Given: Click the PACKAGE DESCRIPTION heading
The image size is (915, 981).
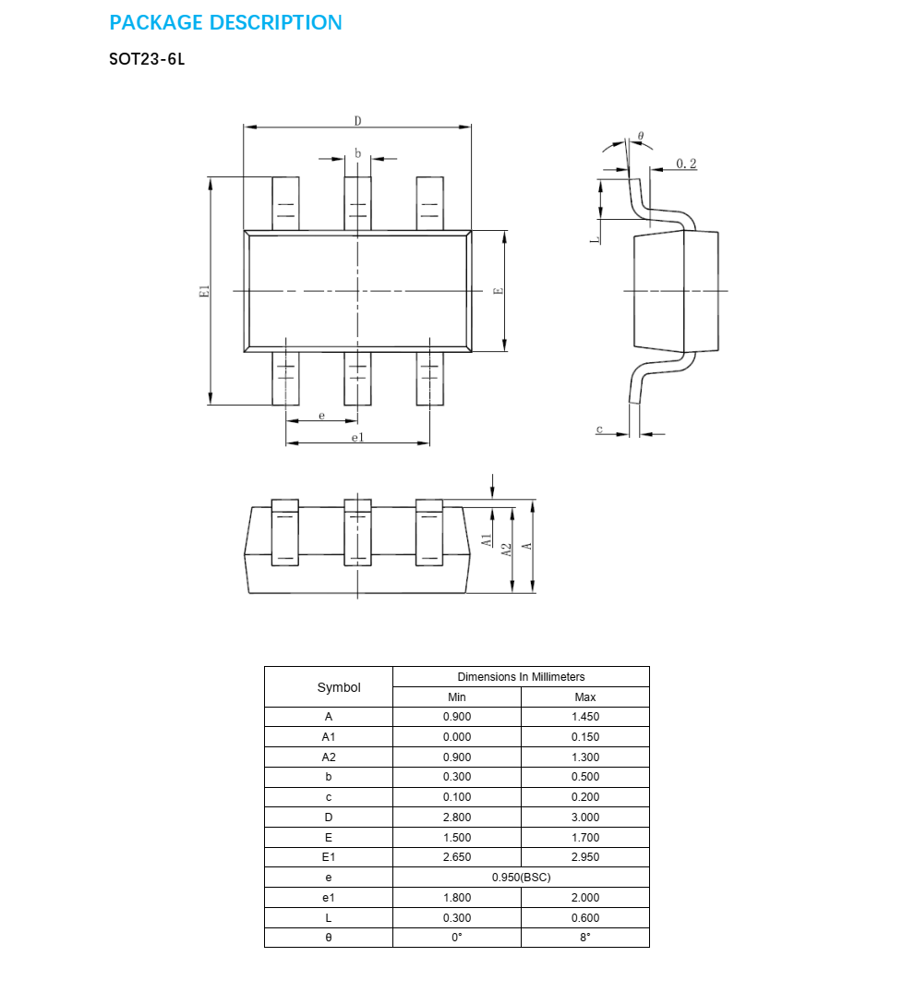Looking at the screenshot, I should [225, 23].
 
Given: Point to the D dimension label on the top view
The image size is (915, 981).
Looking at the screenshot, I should [357, 121].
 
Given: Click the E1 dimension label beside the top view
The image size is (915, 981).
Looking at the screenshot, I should [205, 291].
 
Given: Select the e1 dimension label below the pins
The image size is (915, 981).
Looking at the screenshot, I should [357, 437].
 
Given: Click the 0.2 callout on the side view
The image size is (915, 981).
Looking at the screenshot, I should [686, 163].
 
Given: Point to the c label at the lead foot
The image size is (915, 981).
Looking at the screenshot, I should [599, 430].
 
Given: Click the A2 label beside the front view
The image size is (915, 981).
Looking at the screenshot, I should [506, 549].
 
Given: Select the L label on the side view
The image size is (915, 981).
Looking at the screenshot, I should [596, 238].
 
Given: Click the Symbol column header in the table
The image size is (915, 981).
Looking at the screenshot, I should [339, 687].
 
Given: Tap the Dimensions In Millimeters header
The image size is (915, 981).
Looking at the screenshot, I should [521, 677].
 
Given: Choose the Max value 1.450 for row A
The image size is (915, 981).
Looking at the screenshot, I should [585, 717].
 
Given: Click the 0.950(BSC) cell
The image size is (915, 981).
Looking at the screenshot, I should [521, 878].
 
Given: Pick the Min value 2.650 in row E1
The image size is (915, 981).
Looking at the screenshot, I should [457, 857].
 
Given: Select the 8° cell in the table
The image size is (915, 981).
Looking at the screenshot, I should [585, 938].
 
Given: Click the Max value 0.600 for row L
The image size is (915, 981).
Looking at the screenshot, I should [585, 917].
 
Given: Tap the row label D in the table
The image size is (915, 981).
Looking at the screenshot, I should [329, 817].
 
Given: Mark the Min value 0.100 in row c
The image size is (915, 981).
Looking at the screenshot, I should [457, 797].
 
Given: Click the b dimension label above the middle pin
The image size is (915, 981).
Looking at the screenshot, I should [357, 153].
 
